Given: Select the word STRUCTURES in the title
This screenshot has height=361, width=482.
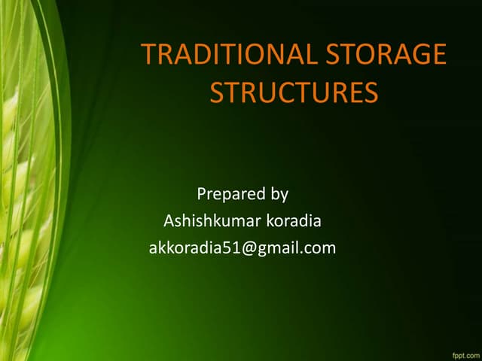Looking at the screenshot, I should click(x=293, y=93).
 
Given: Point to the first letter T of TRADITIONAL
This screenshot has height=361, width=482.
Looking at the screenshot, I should click(x=148, y=55).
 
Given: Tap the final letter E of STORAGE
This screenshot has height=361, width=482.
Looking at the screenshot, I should click(x=438, y=55).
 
